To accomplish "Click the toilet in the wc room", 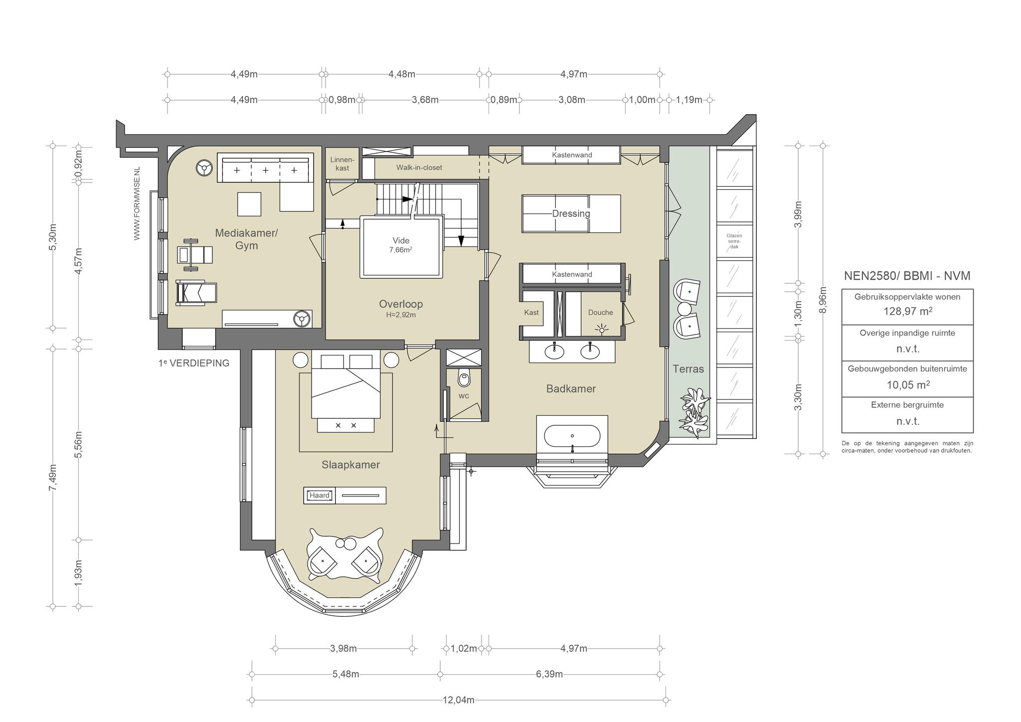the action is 464,378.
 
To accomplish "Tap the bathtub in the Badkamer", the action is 572,436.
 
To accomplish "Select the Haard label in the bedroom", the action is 320,495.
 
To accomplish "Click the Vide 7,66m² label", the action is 401,245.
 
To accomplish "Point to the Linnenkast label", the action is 342,164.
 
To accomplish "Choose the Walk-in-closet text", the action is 419,168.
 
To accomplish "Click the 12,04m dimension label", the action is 458,700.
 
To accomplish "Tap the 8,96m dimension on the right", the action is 824,300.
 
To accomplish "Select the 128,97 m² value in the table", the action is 907,311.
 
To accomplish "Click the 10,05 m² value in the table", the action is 908,385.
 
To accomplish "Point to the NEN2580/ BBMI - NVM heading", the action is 907,276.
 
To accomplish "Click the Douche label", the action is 600,313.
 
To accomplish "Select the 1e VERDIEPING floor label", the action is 194,363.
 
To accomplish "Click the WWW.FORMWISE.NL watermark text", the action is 137,203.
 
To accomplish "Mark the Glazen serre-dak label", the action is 734,241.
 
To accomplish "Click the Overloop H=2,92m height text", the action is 401,315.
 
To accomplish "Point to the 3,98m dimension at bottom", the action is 343,649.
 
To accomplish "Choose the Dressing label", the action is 571,213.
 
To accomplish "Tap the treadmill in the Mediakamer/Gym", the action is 196,293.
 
